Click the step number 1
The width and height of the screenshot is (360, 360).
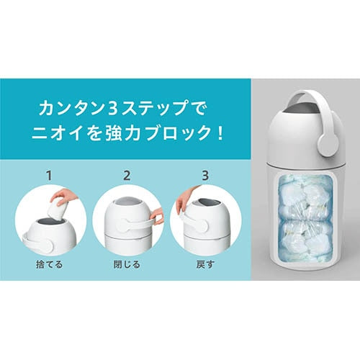coord(49,176)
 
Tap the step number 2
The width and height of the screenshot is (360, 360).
coord(127,176)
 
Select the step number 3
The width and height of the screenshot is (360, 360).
coord(205,176)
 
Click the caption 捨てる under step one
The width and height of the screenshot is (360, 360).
coord(49,264)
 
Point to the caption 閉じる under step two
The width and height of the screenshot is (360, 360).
coord(127,264)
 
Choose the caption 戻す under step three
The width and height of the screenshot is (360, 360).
coord(205,264)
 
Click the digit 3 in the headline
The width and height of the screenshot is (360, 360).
coord(112,108)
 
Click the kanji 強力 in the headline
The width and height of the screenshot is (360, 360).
coord(122,132)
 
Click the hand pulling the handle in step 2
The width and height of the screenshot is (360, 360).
coord(156,216)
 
